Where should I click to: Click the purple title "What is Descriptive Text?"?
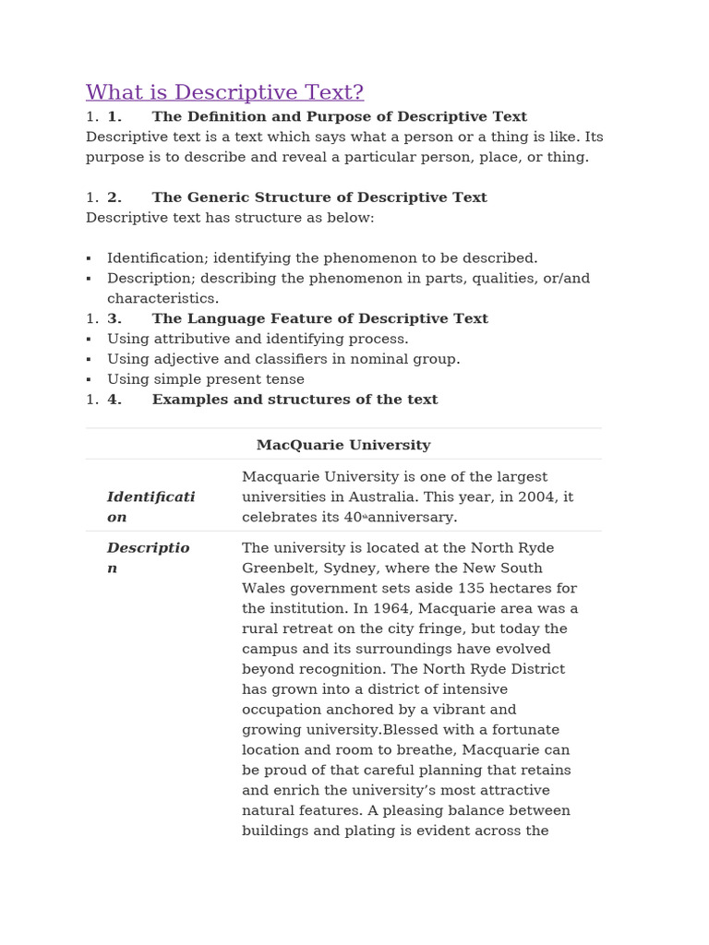pos(224,92)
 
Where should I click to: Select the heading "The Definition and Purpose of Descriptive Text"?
pos(339,117)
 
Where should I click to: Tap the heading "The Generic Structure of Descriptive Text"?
pos(318,197)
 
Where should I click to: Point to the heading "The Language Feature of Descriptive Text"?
pos(319,318)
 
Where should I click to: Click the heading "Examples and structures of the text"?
pos(294,400)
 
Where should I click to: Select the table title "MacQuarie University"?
pos(343,445)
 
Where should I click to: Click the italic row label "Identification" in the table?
pos(150,507)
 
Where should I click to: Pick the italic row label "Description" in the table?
pos(148,557)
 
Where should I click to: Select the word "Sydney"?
pos(338,568)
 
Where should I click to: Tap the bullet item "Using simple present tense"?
pos(205,379)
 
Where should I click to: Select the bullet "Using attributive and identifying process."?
pos(258,339)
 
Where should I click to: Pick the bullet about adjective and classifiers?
pos(282,359)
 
